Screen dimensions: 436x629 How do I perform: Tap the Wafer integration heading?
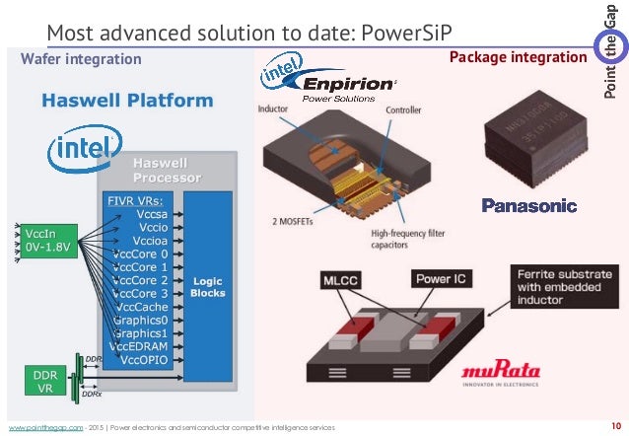tap(81, 59)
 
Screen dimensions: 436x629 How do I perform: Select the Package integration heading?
tap(518, 58)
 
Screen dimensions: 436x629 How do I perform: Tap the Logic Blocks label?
tap(207, 287)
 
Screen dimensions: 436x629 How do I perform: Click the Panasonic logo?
tap(528, 205)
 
